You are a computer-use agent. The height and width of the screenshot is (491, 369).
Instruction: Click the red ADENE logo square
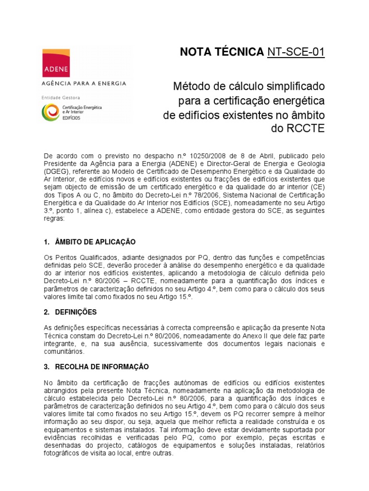click(56, 62)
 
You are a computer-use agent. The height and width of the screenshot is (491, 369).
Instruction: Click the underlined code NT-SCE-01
click(296, 52)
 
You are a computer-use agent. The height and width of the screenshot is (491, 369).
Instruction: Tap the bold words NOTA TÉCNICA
click(221, 52)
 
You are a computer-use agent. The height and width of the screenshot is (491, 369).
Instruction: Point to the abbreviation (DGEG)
click(55, 172)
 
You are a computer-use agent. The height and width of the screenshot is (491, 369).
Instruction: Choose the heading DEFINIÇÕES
click(76, 312)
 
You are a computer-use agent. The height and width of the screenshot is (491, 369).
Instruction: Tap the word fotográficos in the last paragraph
click(62, 453)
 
